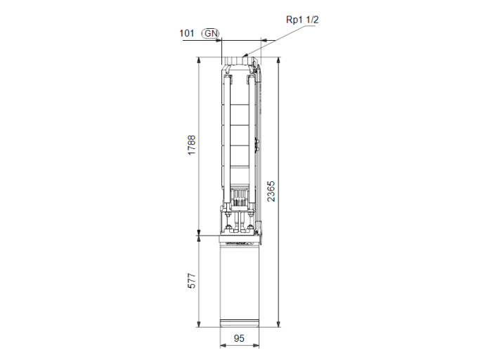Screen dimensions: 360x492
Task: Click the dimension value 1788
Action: point(191,146)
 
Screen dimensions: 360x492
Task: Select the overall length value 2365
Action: point(271,191)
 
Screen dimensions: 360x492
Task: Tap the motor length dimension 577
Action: point(191,281)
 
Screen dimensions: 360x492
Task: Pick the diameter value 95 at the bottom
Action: point(239,338)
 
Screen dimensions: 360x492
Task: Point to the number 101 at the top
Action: point(187,33)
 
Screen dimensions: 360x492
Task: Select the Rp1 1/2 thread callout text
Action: point(302,20)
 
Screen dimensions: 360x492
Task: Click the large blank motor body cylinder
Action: point(240,281)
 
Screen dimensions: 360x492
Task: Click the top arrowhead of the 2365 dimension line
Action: point(280,61)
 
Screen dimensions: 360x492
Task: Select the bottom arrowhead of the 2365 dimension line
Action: point(280,325)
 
